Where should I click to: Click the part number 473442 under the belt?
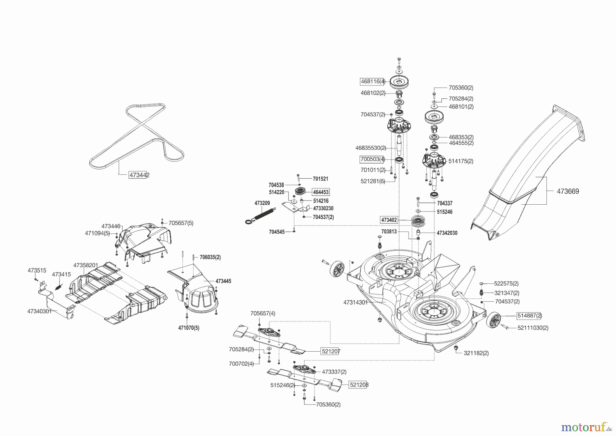coord(139,175)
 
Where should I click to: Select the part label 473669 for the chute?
coord(568,192)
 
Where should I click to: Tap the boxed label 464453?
coord(321,192)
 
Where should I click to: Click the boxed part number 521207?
coord(330,351)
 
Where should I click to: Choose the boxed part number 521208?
coord(359,385)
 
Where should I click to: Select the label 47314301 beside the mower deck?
coord(355,302)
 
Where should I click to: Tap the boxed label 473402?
coord(389,220)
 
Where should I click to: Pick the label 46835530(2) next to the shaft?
coord(371,148)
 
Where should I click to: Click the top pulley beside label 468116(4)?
coord(400,81)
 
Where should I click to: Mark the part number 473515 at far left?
coord(37,270)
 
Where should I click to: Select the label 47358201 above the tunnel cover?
coord(86,265)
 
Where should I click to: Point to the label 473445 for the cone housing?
coord(223,281)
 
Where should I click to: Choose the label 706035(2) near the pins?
coord(210,257)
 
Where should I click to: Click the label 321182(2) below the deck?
coord(476,353)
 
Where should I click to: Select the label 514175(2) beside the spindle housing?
coord(461,161)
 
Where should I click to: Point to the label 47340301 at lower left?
coord(39,311)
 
